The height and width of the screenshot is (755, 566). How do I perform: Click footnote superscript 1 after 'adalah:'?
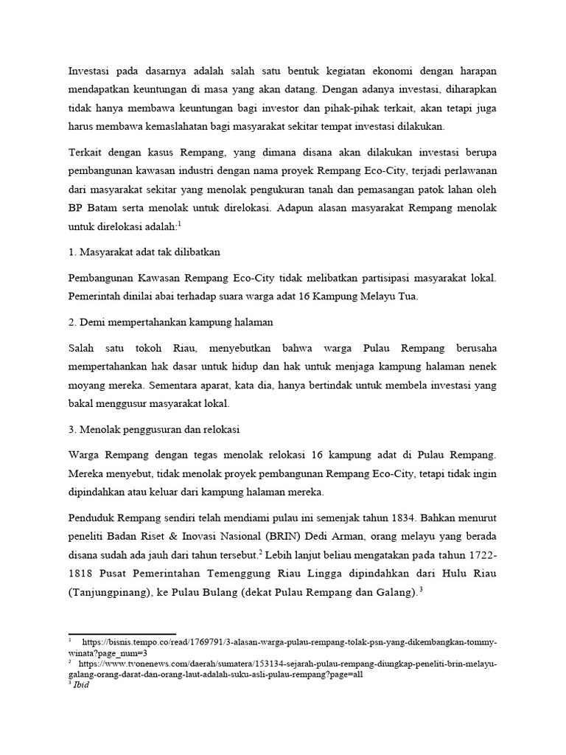179,223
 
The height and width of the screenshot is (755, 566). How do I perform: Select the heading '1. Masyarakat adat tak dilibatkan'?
144,252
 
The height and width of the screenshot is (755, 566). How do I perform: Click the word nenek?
481,366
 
